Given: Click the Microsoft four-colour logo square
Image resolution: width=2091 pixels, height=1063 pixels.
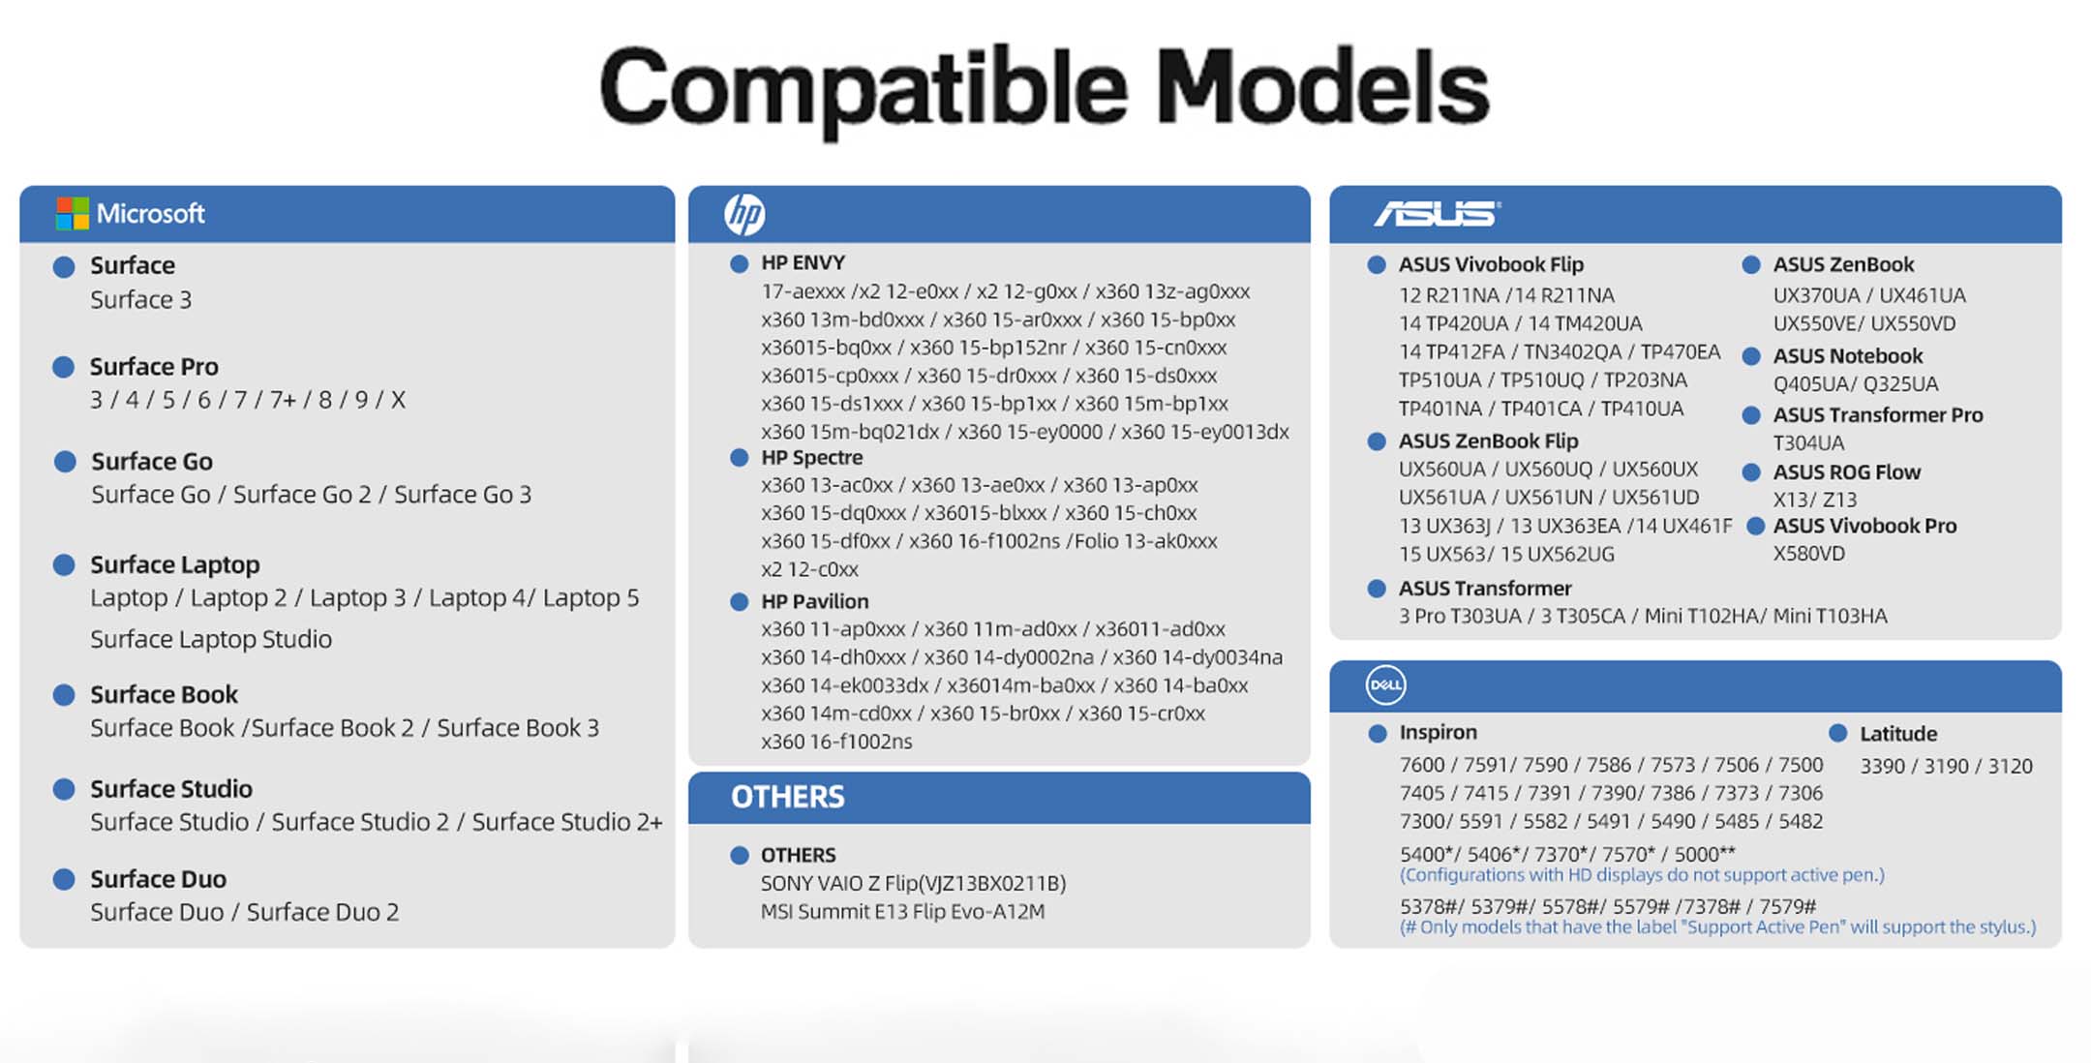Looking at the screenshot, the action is (x=73, y=213).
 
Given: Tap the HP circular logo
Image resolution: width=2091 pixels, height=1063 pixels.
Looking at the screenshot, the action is (x=744, y=214).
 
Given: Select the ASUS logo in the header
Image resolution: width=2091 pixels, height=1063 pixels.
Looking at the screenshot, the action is (x=1437, y=213).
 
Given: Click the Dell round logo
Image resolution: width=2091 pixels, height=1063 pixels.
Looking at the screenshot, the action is (x=1385, y=684).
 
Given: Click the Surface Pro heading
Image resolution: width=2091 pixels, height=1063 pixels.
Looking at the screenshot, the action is (x=154, y=367).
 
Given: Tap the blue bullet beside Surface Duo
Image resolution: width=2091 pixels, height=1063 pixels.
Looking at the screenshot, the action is (x=64, y=879).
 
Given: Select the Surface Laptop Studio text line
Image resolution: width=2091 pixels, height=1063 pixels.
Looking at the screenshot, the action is (x=211, y=639).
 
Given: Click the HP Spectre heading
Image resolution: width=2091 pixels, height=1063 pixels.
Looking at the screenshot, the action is (x=811, y=457).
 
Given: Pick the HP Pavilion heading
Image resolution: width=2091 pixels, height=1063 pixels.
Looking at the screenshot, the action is (x=814, y=601).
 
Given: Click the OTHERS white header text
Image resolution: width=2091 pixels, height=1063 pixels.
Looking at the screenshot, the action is (x=787, y=797).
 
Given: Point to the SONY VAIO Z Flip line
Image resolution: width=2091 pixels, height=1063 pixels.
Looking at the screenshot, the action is (x=913, y=883).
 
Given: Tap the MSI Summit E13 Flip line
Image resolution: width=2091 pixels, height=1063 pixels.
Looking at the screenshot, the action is (x=902, y=911).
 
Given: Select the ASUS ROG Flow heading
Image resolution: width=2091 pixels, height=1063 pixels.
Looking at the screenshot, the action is (x=1846, y=472).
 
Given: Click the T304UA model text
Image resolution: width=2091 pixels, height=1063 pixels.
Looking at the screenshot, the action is (x=1808, y=443).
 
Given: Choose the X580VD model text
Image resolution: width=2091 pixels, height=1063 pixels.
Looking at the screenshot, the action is (x=1808, y=554).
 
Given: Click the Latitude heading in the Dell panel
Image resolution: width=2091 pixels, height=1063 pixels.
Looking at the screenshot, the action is (x=1897, y=734).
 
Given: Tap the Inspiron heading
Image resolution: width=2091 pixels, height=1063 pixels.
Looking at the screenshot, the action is (x=1438, y=733).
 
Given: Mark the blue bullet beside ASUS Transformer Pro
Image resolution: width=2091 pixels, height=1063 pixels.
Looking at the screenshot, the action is (x=1750, y=415).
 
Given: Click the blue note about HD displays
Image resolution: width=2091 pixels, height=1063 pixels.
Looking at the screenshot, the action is (x=1642, y=875).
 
